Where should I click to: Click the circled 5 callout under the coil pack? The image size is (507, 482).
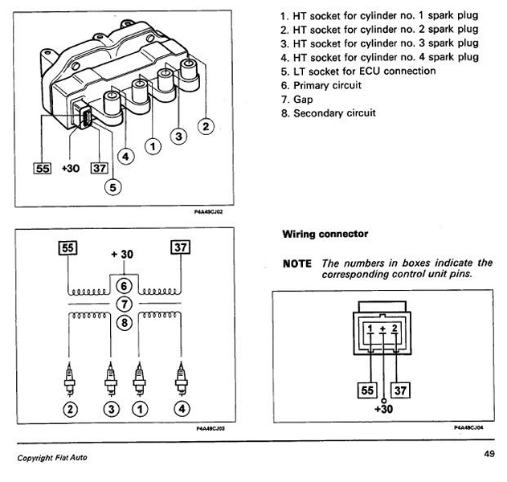click(x=112, y=187)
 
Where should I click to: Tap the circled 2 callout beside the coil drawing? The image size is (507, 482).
click(x=206, y=126)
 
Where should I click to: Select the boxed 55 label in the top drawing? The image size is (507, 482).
click(x=43, y=169)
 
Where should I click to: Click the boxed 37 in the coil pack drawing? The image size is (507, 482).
click(x=100, y=168)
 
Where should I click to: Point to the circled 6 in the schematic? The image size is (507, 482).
click(x=125, y=286)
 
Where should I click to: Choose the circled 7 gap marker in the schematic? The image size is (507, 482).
click(x=125, y=304)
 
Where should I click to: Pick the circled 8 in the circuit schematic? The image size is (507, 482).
click(x=125, y=323)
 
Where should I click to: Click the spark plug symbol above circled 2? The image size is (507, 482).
click(x=70, y=379)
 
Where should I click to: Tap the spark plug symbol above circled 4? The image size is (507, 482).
click(x=181, y=379)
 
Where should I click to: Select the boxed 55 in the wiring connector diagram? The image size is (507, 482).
click(x=367, y=390)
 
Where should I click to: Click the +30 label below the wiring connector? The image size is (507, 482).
click(x=383, y=409)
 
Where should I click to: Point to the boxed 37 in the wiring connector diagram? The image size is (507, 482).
click(x=400, y=390)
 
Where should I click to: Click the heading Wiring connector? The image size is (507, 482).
click(x=325, y=234)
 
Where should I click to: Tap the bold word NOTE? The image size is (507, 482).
click(x=297, y=263)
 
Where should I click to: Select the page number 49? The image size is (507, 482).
click(x=489, y=454)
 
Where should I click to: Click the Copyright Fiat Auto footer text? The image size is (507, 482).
click(x=52, y=458)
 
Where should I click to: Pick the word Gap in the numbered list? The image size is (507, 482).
click(x=303, y=100)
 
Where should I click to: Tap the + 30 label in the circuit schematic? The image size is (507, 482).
click(x=122, y=255)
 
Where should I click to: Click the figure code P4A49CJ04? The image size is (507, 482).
click(x=468, y=427)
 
